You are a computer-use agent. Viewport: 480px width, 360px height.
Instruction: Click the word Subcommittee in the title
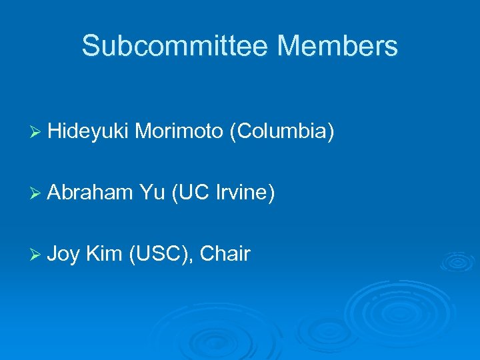click(175, 46)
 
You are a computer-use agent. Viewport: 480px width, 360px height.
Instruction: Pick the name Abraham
click(91, 193)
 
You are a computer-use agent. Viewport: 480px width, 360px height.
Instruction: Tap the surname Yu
click(153, 193)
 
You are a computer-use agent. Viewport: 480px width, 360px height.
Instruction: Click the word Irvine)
click(245, 193)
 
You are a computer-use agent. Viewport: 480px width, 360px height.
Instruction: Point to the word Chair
click(225, 253)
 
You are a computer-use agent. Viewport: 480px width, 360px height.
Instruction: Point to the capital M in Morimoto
click(143, 132)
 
